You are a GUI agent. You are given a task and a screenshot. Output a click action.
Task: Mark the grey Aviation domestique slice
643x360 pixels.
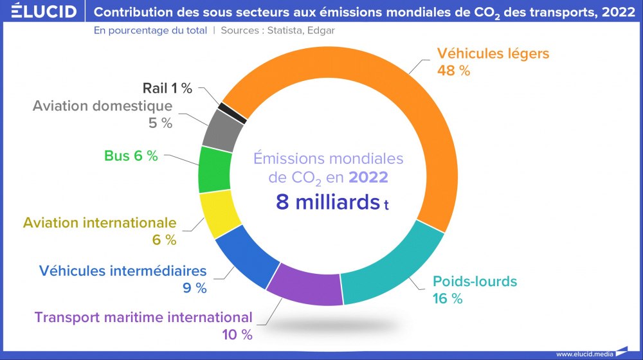click(x=222, y=129)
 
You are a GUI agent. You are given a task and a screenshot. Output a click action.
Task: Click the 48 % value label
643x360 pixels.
click(x=453, y=71)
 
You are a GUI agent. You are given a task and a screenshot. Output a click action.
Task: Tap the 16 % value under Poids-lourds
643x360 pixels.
click(x=448, y=298)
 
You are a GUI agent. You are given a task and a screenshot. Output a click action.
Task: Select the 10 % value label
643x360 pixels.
click(x=237, y=334)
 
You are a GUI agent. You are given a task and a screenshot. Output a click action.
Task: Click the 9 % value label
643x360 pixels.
click(x=194, y=288)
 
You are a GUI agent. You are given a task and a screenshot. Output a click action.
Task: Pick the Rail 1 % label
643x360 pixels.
click(x=167, y=89)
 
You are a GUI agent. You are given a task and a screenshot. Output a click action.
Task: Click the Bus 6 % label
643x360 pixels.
click(x=131, y=156)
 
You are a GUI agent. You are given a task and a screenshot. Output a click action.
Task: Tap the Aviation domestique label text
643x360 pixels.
click(x=102, y=105)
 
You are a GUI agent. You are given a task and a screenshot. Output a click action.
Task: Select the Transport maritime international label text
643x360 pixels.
click(x=143, y=317)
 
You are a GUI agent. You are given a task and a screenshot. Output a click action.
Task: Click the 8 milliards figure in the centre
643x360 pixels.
click(x=328, y=202)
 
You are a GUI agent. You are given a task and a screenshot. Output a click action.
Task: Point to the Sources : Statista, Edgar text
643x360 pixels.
click(x=277, y=30)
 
